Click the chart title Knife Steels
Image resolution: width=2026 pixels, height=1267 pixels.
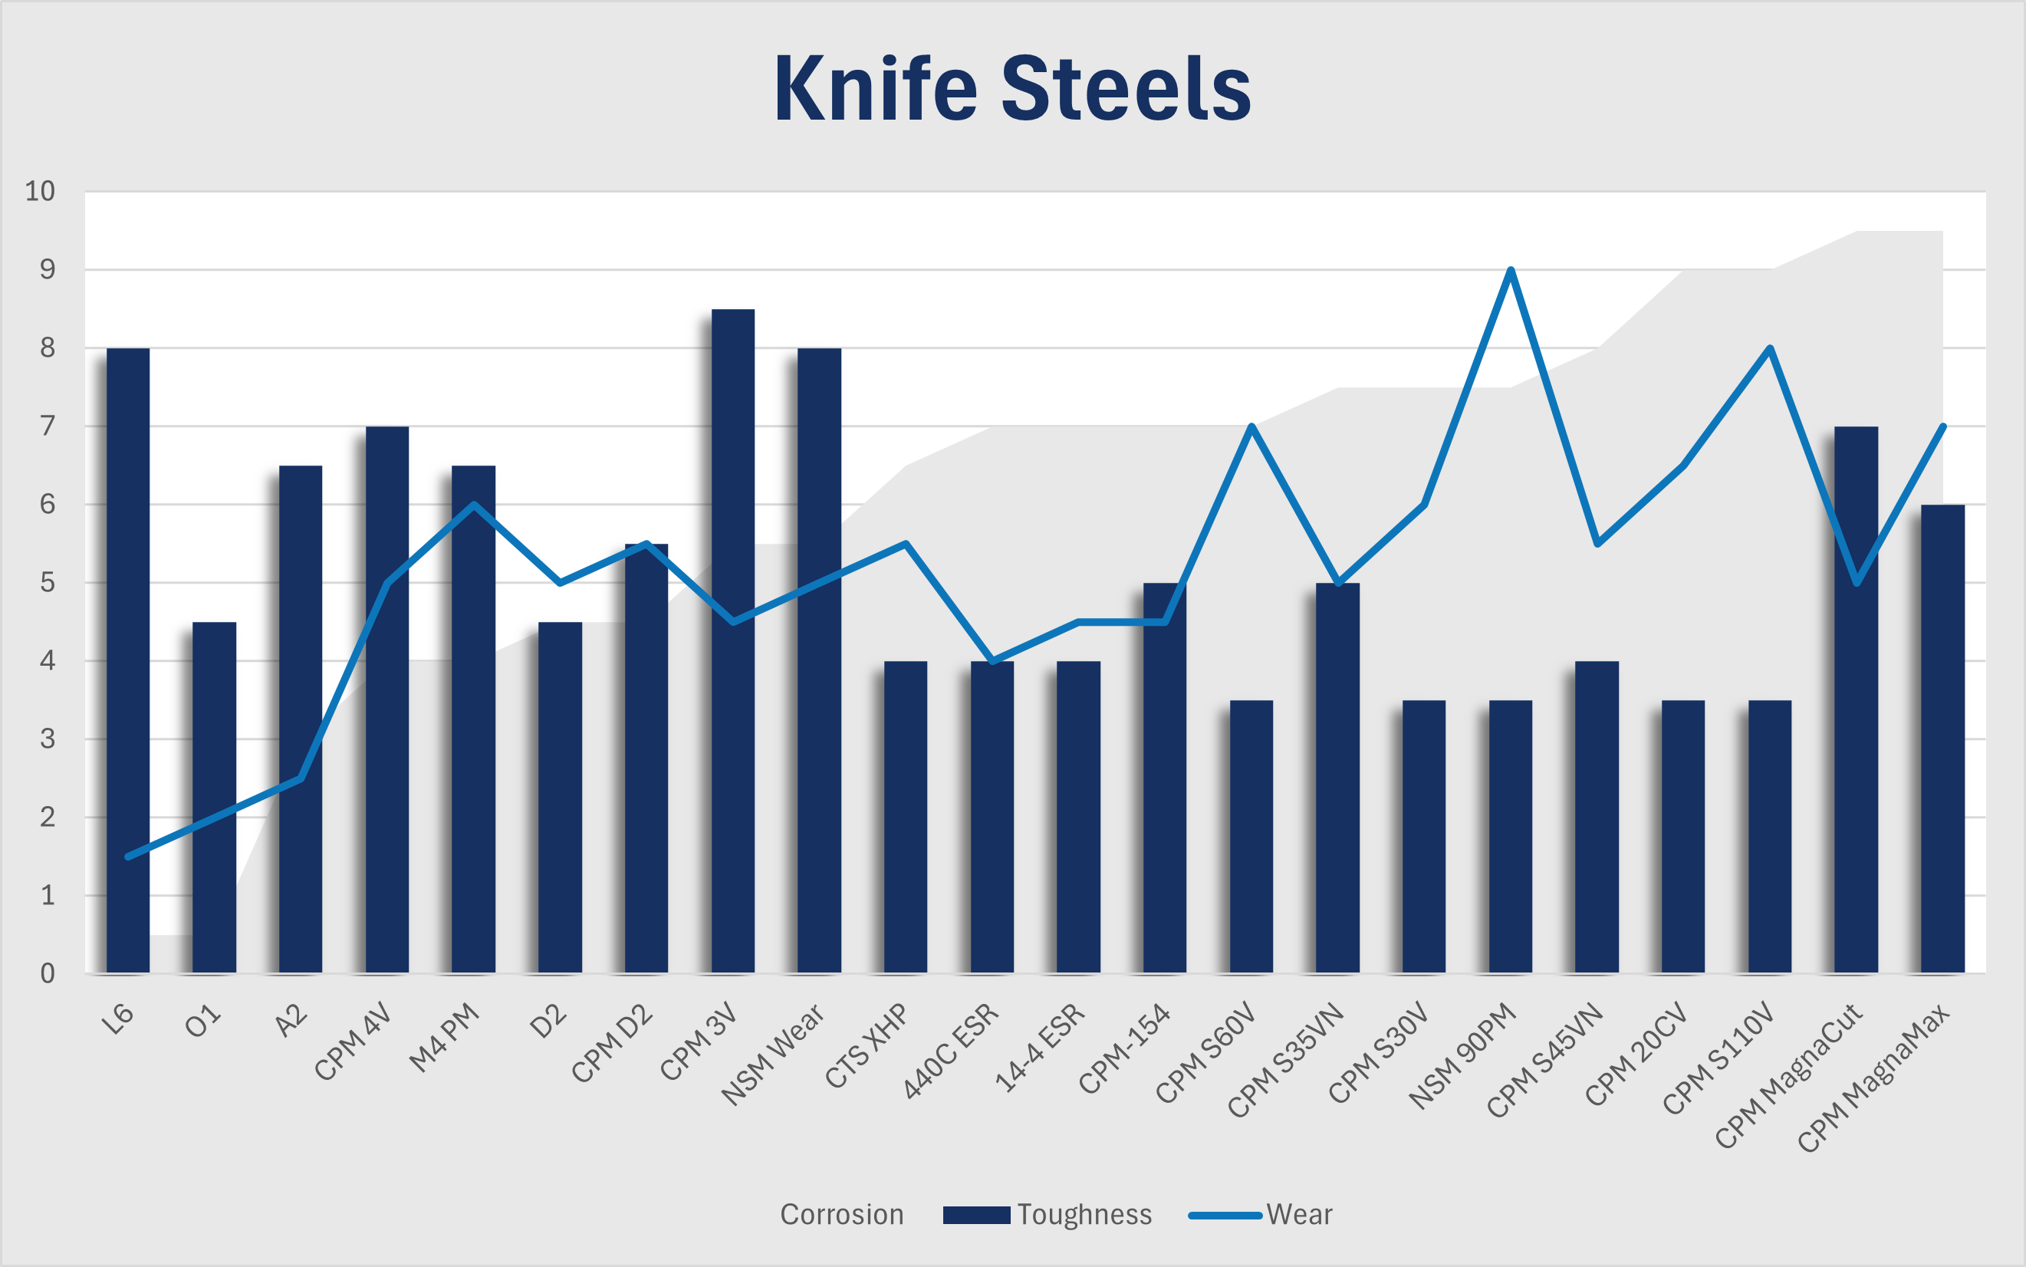coord(1012,89)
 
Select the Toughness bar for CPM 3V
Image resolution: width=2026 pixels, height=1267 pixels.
coord(732,641)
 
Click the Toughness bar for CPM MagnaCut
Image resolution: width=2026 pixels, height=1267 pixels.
coord(1856,699)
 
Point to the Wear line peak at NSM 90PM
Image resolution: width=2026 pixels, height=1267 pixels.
coord(1510,270)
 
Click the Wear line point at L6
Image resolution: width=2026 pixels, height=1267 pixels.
coord(128,857)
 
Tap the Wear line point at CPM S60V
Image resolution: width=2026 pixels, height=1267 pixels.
coord(1251,426)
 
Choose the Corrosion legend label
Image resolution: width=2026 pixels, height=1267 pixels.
coord(841,1214)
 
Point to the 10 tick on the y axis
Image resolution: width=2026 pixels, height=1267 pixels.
coord(40,191)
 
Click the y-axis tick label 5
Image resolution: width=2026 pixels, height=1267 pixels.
coord(47,582)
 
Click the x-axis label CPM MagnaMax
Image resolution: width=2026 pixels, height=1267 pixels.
coord(1873,1078)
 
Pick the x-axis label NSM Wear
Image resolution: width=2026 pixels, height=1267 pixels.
coord(772,1054)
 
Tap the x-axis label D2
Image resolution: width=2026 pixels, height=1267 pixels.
coord(549,1022)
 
